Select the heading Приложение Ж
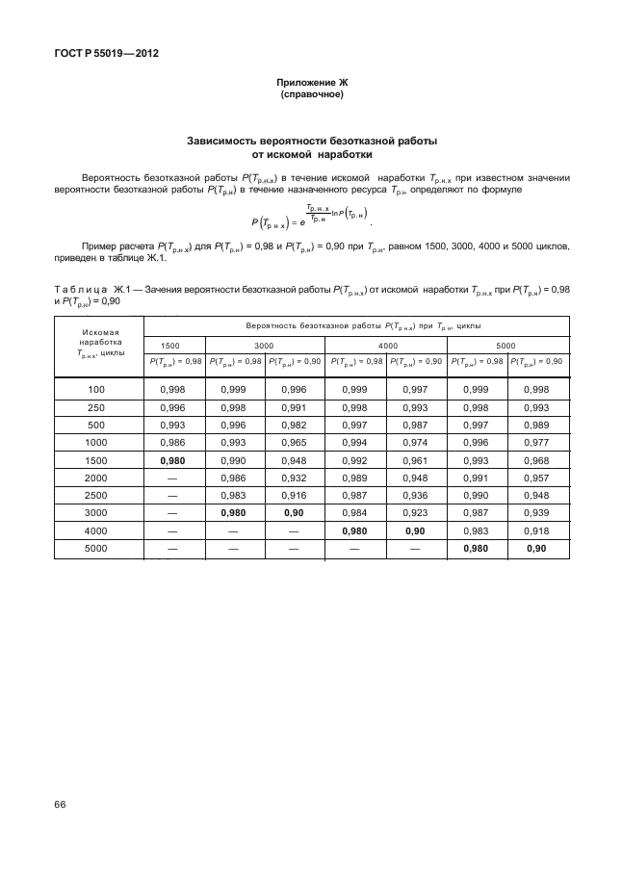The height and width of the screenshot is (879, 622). click(311, 85)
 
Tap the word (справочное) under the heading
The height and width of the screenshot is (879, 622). click(311, 95)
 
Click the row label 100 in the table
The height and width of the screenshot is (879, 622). click(95, 388)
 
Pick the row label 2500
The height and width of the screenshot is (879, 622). click(95, 496)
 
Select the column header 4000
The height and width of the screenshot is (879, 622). click(387, 344)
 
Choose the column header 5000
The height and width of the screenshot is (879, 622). click(506, 344)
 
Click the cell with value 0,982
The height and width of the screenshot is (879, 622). click(294, 425)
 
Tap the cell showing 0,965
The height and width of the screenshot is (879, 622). click(294, 442)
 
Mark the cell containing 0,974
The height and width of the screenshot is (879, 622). click(415, 442)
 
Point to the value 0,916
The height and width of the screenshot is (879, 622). click(294, 496)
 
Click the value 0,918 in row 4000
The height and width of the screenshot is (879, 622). click(537, 531)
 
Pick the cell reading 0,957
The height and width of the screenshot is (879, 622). click(537, 478)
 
